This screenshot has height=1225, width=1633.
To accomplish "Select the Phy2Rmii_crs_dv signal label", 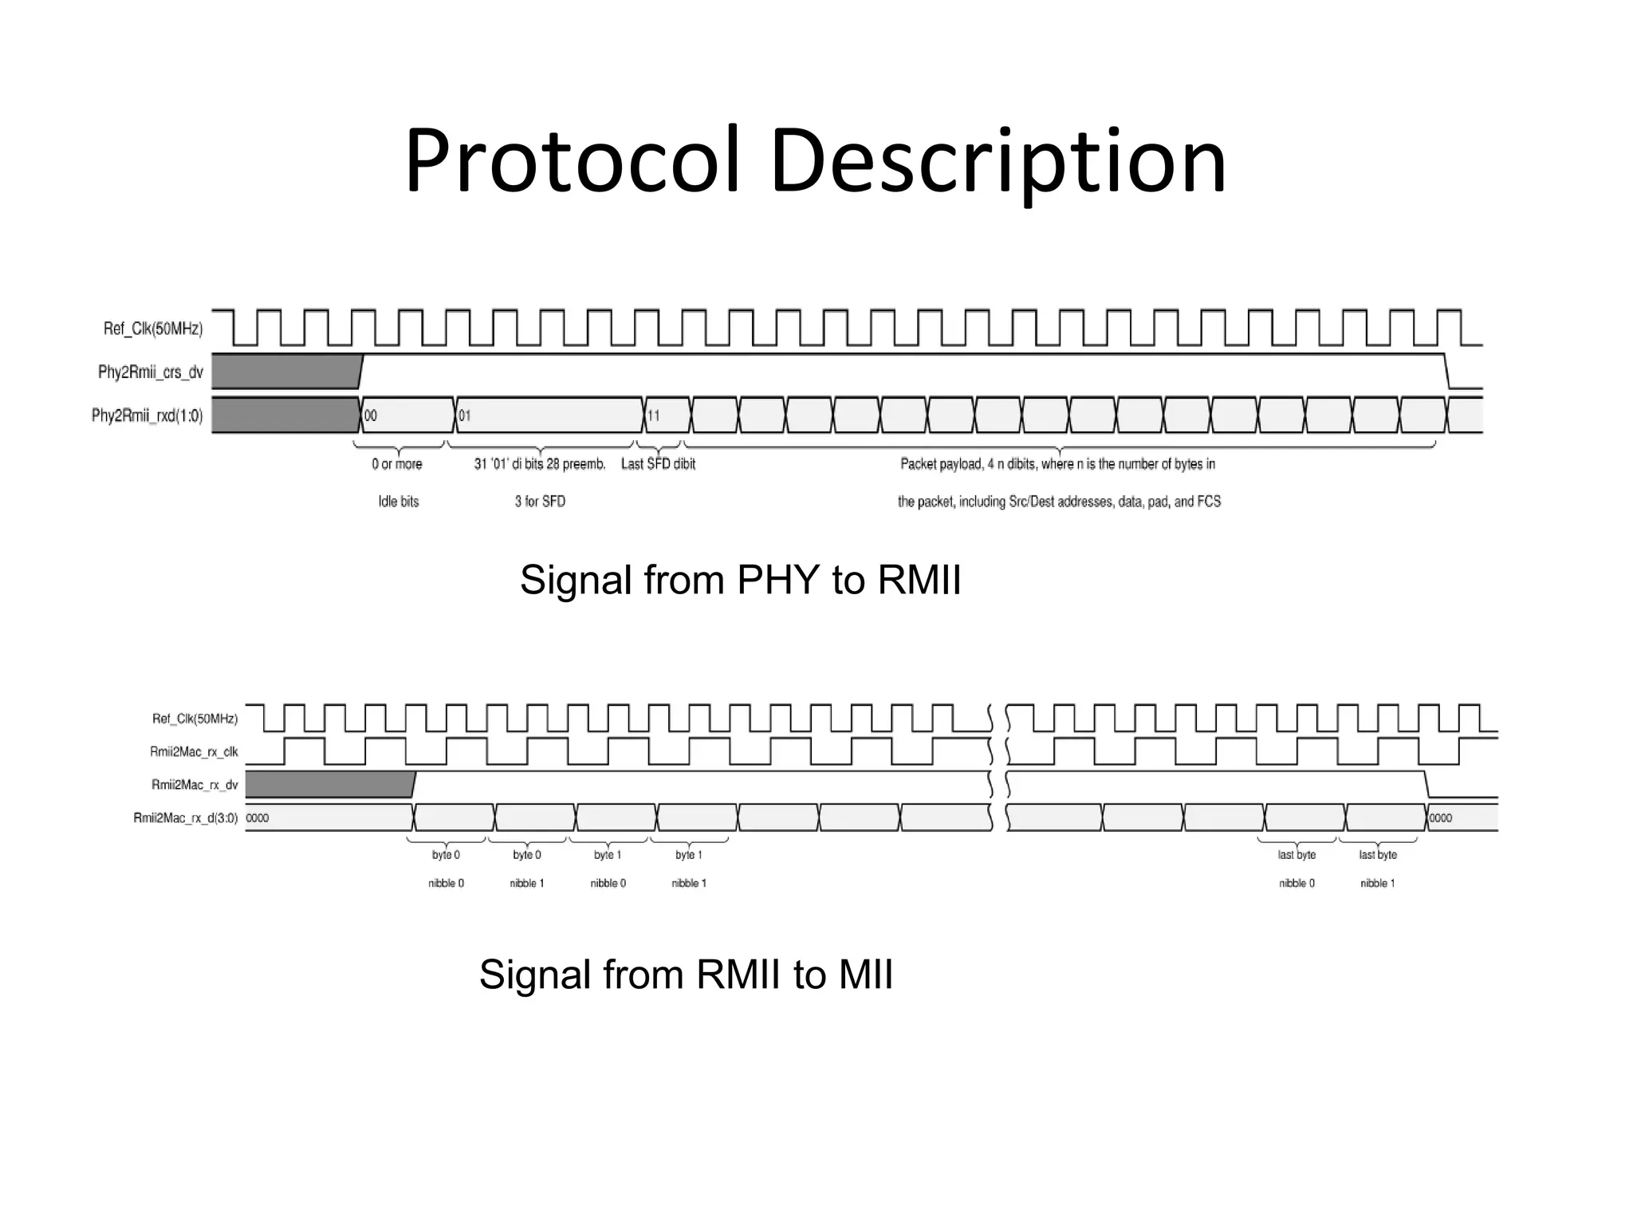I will (x=151, y=372).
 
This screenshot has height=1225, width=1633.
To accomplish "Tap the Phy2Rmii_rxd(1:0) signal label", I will (x=148, y=416).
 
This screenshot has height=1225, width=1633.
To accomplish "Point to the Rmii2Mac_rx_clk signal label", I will (x=194, y=751).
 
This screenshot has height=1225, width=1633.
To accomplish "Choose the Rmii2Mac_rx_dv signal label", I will (x=195, y=785).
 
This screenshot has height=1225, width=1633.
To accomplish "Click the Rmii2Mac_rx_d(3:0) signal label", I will (x=186, y=817).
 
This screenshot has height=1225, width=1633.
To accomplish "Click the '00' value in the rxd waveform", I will (x=371, y=416).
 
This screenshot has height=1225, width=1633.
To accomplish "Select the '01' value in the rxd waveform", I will (x=464, y=416).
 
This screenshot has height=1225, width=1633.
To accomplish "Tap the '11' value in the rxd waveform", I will (x=653, y=416).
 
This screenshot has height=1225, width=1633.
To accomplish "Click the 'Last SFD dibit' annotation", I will (x=658, y=464).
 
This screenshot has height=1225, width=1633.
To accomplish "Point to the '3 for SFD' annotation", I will (x=540, y=502).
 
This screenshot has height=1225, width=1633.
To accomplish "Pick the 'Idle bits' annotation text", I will (x=398, y=502).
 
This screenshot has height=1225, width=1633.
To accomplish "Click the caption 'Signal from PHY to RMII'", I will (x=740, y=580).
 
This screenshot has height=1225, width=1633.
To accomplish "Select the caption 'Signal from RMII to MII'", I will (x=686, y=975).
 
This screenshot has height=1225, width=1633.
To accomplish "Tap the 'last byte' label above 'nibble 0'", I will (x=1297, y=855).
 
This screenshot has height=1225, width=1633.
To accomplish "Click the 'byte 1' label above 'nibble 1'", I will (x=689, y=855).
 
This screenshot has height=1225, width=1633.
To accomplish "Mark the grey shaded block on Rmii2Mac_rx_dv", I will (x=329, y=785).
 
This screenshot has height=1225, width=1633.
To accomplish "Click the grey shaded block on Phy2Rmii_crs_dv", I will (x=285, y=372).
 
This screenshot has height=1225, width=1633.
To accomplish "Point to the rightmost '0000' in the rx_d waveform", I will (x=1440, y=818).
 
